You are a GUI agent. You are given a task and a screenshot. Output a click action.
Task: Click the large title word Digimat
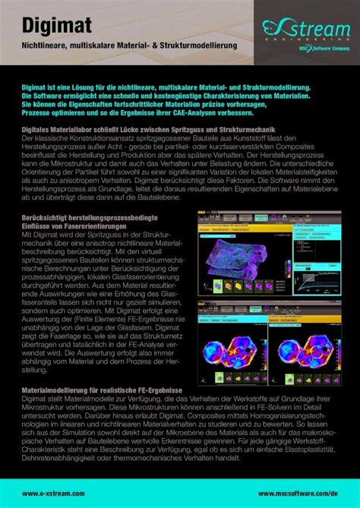(57, 26)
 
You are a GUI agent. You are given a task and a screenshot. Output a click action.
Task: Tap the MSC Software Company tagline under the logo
(319, 47)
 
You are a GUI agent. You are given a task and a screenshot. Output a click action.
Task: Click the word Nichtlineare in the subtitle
(46, 47)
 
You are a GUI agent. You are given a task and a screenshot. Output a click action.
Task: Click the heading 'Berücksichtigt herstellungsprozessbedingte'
(92, 218)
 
